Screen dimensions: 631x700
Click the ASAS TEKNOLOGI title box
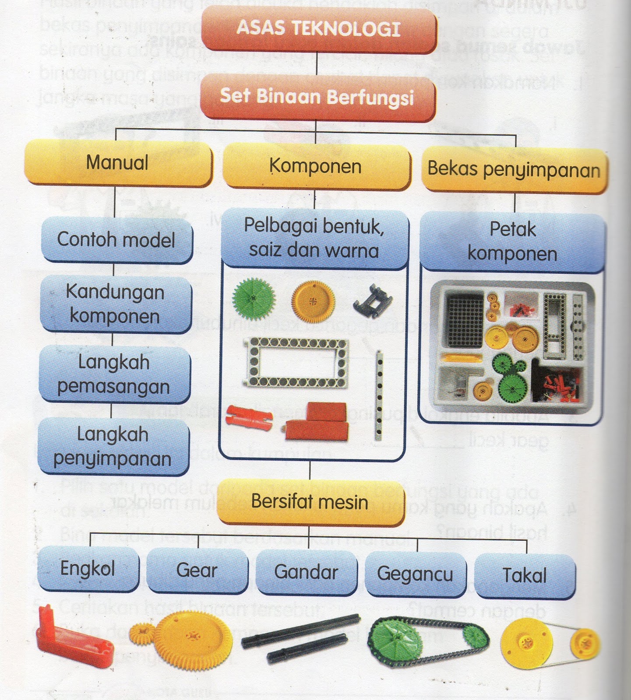tap(319, 29)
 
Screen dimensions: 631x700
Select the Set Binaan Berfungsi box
tap(317, 96)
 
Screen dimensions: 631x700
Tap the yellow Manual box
tap(117, 163)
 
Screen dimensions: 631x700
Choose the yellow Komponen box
tap(316, 167)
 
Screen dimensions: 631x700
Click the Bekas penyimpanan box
tap(514, 170)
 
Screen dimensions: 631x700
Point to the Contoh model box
tap(116, 240)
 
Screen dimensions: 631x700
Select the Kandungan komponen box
tap(115, 304)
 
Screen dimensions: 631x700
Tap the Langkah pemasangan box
tap(114, 374)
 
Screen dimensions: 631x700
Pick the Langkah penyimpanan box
tap(113, 446)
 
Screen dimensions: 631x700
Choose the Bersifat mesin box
tap(310, 502)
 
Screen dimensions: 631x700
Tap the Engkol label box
tap(88, 569)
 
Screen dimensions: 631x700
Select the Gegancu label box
tap(415, 574)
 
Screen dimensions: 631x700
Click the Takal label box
tap(525, 575)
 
